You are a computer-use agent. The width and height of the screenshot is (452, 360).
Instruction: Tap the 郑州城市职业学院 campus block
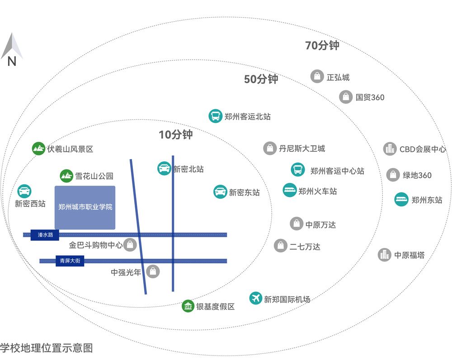(85, 207)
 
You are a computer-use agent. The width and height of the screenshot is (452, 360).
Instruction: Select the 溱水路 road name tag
(45, 235)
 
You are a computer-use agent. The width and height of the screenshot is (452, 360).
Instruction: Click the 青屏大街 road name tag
(70, 261)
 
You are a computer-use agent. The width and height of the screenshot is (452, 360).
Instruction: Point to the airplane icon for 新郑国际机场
(256, 298)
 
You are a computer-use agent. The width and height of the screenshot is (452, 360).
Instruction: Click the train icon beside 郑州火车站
(290, 190)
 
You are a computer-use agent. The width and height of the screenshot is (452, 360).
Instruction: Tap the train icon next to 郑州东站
(401, 199)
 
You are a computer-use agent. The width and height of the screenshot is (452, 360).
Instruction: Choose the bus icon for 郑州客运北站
(216, 116)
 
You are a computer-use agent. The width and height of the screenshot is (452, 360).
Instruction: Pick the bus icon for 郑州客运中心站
(298, 170)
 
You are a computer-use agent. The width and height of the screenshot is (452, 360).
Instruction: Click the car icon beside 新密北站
(164, 168)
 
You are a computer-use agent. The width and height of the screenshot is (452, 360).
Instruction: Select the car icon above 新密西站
(24, 191)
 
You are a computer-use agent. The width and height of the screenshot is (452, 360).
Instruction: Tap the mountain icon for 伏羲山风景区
(39, 149)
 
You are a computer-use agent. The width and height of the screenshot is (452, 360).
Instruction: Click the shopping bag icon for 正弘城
(317, 76)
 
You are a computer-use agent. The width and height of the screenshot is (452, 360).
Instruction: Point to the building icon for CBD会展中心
(390, 149)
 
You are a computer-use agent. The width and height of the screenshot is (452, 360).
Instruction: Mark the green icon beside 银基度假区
(188, 306)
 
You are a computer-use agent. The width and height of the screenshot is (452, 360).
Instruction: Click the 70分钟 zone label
(322, 45)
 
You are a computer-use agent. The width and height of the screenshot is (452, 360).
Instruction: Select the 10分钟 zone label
(175, 135)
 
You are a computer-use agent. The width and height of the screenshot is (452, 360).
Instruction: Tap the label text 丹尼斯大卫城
(302, 148)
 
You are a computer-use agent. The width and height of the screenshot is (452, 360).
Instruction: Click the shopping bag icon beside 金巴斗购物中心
(130, 245)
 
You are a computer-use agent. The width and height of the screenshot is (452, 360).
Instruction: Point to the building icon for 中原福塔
(385, 255)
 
